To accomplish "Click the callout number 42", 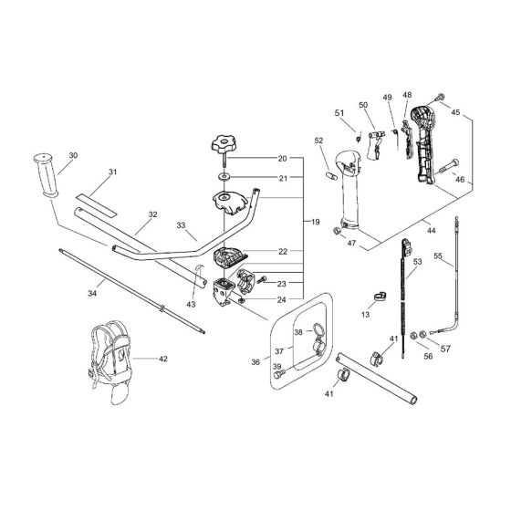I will pyautogui.click(x=163, y=360).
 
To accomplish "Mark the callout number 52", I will pyautogui.click(x=319, y=141).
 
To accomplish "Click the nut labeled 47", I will pyautogui.click(x=337, y=234).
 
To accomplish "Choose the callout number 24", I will pyautogui.click(x=282, y=298).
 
